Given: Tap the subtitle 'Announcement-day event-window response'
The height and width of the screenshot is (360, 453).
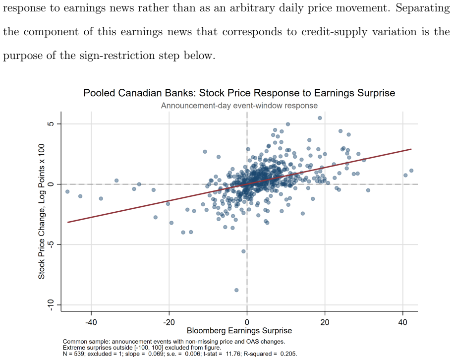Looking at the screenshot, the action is pos(239,106).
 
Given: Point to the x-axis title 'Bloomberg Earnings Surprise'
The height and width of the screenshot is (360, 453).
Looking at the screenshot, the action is pos(239,331).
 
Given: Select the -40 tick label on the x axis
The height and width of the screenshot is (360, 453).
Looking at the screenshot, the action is pos(91,322).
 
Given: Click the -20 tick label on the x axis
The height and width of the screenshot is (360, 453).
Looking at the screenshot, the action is pos(169,322).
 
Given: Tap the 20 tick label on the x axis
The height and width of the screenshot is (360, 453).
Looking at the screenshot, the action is pos(325,322).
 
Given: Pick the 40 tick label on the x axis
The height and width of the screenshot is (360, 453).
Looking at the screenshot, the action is pos(403,322).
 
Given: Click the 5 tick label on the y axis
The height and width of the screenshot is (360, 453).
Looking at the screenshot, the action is pos(51,124).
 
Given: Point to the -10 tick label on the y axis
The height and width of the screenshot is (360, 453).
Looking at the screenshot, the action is pos(51,305).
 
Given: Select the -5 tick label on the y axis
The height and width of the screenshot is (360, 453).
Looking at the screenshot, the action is pos(51,244).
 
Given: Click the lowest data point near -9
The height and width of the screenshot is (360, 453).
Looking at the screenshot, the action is pos(236,290).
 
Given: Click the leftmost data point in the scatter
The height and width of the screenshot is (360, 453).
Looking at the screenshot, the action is pos(67,192).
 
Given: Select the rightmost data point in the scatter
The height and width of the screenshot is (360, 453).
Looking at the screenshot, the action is pos(411,171).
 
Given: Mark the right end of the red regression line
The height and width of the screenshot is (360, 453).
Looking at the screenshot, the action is pos(411,149).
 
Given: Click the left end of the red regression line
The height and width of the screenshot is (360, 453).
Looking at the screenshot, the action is pos(67,222).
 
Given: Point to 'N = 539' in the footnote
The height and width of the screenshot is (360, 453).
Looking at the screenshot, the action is pos(74,354).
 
